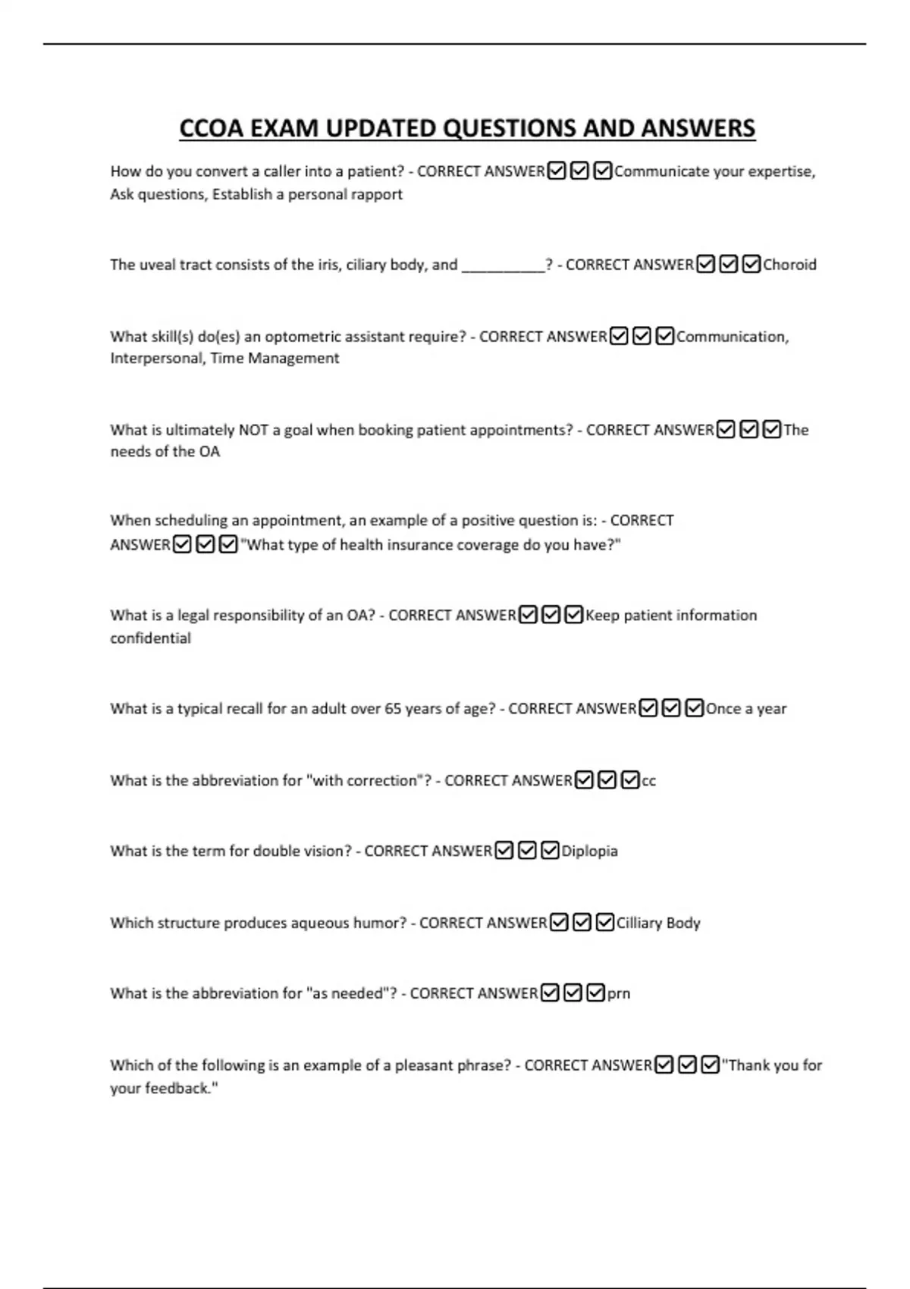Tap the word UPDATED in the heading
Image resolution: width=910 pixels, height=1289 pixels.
point(381,128)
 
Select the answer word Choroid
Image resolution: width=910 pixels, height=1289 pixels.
point(789,265)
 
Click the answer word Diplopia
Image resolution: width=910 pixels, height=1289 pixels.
point(589,851)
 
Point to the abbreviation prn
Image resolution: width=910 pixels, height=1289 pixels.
point(618,993)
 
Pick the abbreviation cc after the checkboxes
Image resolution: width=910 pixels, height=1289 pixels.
point(648,780)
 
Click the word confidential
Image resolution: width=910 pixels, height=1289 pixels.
point(150,638)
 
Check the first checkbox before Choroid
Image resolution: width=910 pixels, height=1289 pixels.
point(705,265)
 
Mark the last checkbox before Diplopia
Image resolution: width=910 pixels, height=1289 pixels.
point(551,851)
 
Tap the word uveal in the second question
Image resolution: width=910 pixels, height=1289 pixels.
point(157,265)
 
